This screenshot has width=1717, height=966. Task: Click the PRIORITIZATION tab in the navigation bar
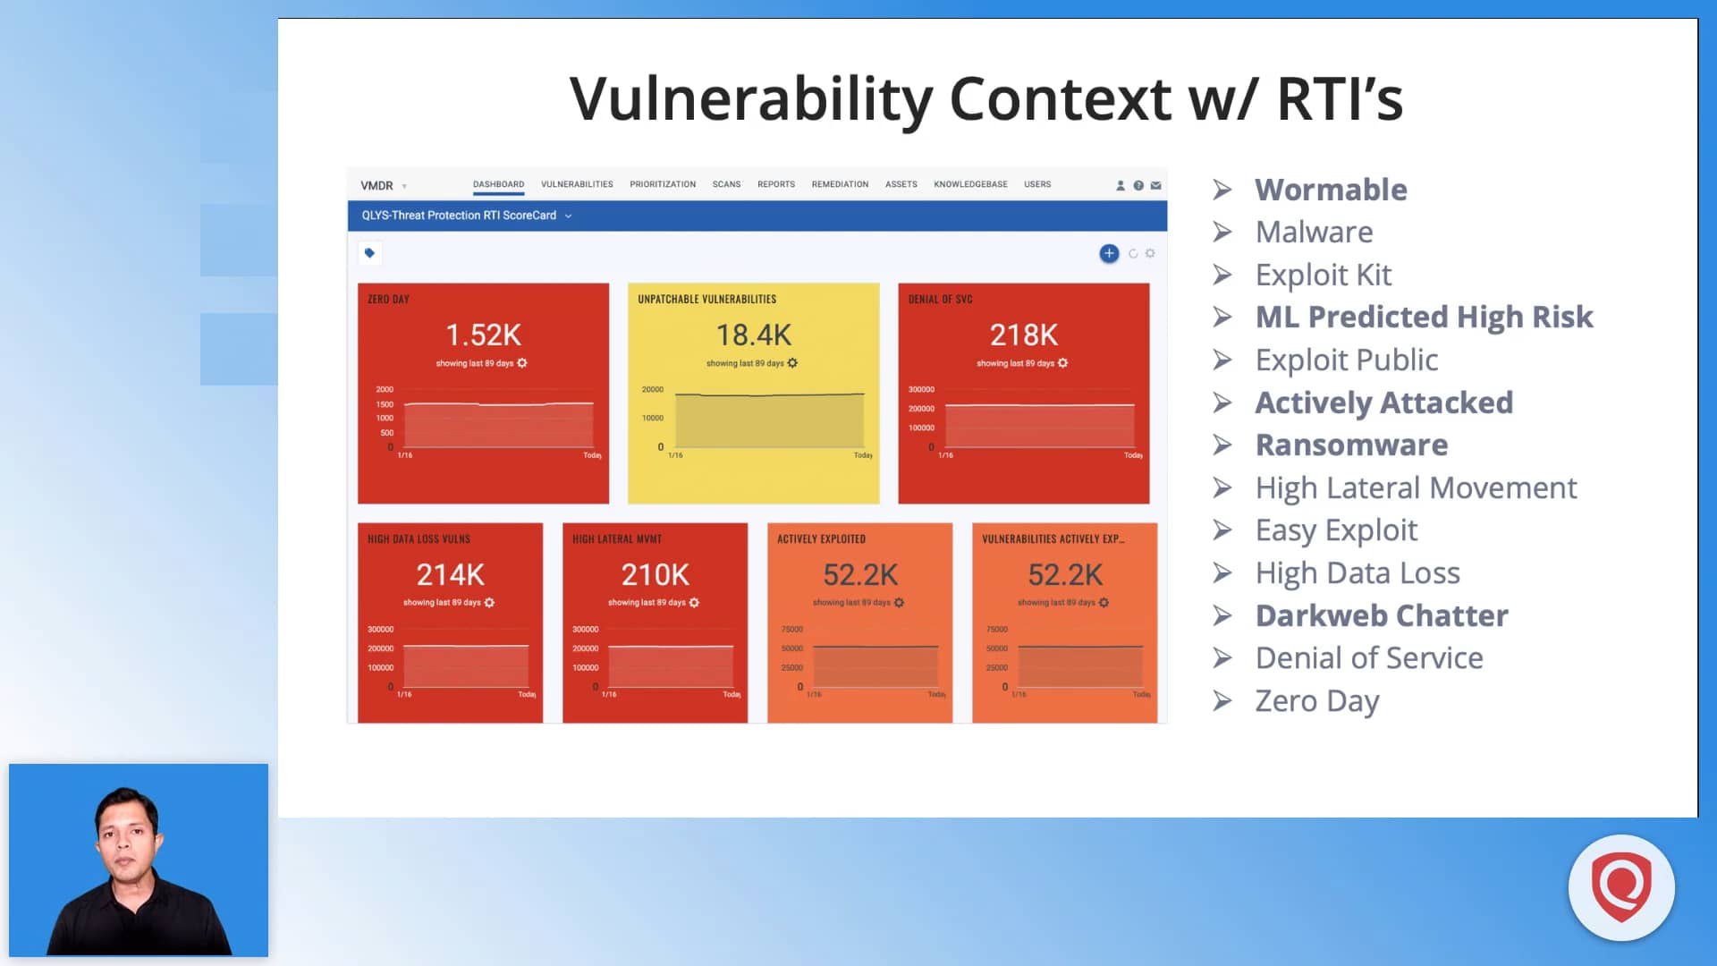tap(662, 184)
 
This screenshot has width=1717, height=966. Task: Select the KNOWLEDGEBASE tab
tap(970, 184)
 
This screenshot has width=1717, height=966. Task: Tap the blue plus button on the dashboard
tap(1109, 253)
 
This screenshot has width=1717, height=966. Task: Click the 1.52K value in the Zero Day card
tap(483, 335)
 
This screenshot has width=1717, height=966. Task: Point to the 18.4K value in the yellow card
tap(753, 335)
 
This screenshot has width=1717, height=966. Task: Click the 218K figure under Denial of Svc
tap(1023, 335)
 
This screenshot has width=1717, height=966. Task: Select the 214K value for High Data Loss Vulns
tap(450, 574)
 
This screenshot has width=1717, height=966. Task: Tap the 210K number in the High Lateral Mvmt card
tap(655, 574)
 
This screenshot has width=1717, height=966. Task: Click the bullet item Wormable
tap(1331, 190)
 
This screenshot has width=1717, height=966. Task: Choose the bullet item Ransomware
tap(1351, 445)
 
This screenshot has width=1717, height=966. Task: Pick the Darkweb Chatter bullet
tap(1381, 615)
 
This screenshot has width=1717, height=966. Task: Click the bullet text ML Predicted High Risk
tap(1424, 317)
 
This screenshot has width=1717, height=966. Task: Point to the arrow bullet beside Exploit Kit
tap(1222, 275)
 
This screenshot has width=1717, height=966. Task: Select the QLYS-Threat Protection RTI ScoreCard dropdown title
tap(459, 216)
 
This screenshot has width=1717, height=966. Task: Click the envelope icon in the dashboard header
tap(1155, 185)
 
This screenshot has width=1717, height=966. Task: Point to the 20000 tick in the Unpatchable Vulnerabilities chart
tap(653, 389)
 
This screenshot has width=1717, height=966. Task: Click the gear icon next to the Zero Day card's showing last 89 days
tap(522, 363)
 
